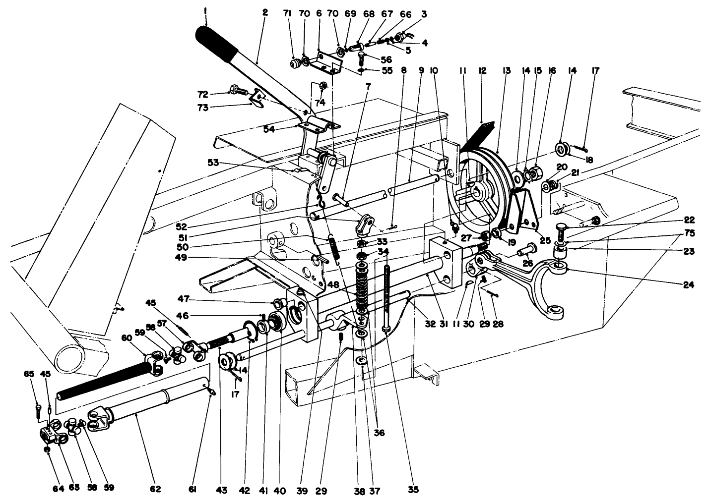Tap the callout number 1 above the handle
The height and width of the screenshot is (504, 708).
[205, 9]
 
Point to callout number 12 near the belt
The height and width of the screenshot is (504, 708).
[481, 71]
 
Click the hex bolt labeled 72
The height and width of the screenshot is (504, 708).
[236, 91]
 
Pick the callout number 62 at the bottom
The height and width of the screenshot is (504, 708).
[155, 489]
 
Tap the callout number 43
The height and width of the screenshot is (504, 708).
[221, 490]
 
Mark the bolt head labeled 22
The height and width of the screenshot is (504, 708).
[561, 230]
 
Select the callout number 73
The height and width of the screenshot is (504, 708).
[216, 107]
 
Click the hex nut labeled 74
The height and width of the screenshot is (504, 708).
[322, 85]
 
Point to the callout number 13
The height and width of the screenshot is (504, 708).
[506, 71]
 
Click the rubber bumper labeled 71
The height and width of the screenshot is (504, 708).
[296, 63]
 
